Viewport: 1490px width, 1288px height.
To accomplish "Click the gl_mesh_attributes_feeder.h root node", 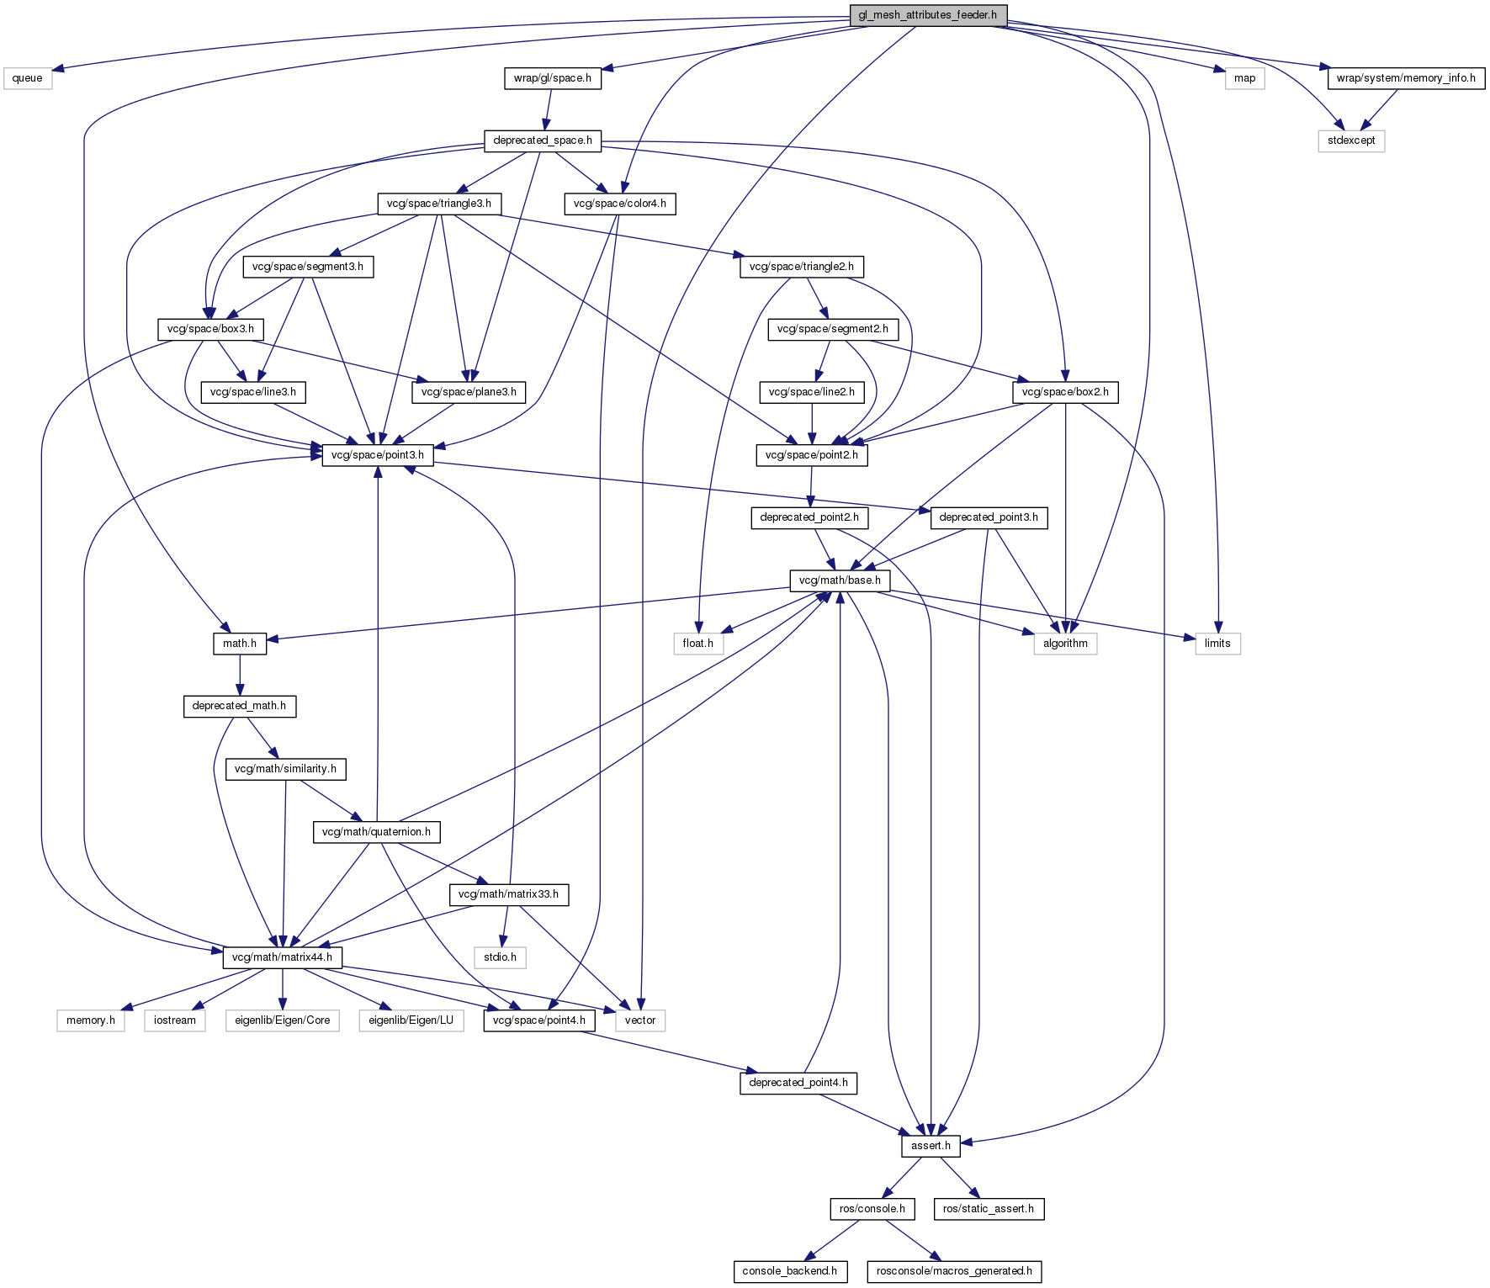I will click(927, 15).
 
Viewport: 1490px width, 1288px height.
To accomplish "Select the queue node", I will click(27, 78).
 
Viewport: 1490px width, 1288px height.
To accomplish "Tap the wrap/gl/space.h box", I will click(552, 78).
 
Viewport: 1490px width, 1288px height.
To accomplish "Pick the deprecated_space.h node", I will click(543, 140).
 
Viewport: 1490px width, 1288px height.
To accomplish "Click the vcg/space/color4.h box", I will click(619, 204).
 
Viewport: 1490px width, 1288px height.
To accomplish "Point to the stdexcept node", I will click(1350, 140).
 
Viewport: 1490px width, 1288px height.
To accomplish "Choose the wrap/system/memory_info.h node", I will click(1405, 78).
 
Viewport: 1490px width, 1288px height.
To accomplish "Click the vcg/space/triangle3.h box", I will click(438, 204).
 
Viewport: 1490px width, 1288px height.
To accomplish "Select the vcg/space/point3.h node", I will click(378, 455).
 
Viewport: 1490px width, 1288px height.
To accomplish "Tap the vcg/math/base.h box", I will click(839, 580).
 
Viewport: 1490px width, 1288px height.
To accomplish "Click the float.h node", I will click(697, 644).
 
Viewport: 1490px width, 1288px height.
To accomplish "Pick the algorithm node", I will click(1065, 644).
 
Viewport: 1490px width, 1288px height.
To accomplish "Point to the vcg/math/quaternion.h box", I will click(376, 832).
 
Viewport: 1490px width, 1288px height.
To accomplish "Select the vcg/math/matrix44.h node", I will click(282, 957).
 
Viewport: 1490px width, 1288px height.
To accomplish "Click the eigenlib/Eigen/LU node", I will click(411, 1020).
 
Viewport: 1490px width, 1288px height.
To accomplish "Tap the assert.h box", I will click(931, 1146).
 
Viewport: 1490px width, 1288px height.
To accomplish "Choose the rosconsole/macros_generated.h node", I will click(954, 1271).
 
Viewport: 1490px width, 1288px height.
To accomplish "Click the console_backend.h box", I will click(789, 1271).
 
